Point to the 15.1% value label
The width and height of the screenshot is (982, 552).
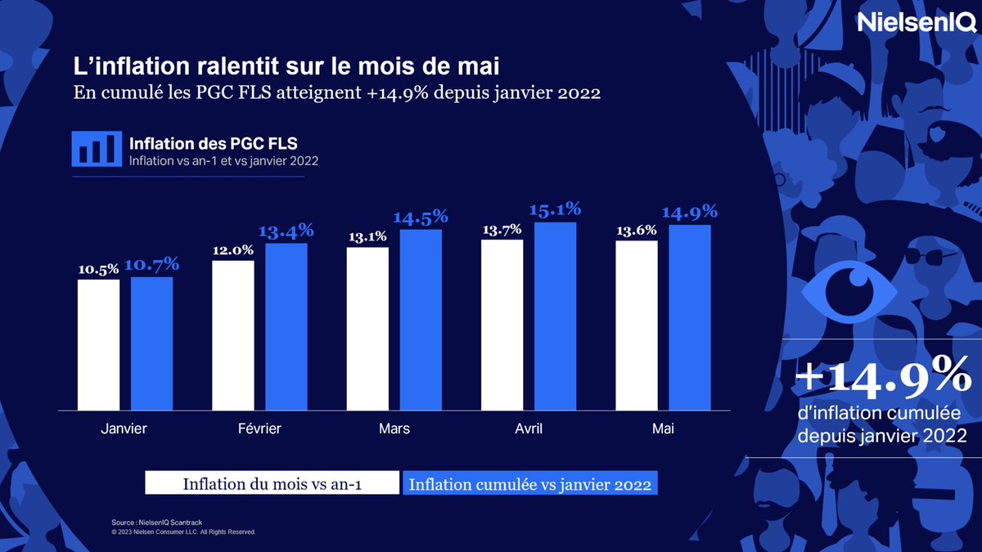click(x=555, y=209)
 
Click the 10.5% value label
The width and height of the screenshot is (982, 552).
click(x=98, y=267)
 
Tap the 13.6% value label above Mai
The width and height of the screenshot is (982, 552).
click(x=636, y=230)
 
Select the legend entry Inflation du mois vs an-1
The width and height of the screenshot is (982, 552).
click(x=273, y=484)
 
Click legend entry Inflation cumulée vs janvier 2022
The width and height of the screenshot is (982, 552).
click(x=530, y=484)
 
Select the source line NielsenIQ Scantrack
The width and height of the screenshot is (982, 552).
click(x=160, y=521)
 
